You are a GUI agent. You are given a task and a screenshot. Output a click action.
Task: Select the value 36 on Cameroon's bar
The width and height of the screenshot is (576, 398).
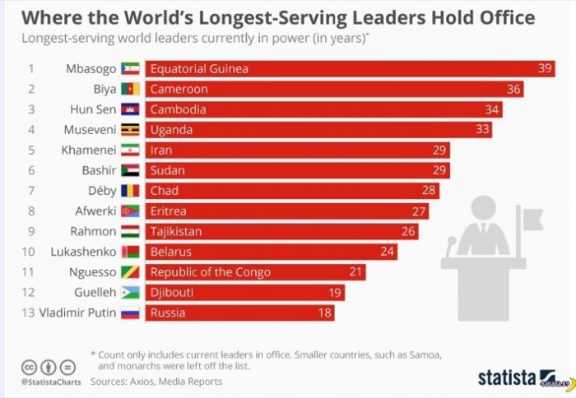coord(514,89)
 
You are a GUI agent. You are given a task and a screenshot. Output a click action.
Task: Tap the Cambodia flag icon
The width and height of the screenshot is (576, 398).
coord(131,109)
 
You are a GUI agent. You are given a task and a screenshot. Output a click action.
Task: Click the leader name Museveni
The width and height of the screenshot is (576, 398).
coord(91,130)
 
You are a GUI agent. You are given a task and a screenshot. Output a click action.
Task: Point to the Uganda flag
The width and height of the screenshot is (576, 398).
coord(131,130)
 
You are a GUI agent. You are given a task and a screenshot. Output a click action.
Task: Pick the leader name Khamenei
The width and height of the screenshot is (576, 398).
coord(89,150)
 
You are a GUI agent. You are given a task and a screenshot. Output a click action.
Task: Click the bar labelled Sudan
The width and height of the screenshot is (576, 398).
coord(297,170)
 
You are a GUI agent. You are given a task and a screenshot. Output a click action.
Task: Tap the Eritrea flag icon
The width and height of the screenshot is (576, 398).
coord(131,211)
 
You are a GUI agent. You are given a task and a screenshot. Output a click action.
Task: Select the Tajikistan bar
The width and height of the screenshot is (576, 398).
coord(281,231)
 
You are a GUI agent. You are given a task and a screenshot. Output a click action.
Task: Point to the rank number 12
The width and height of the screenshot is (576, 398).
coord(30,292)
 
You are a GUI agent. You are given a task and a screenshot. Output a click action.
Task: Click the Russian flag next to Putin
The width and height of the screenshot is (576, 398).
coord(131,312)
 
